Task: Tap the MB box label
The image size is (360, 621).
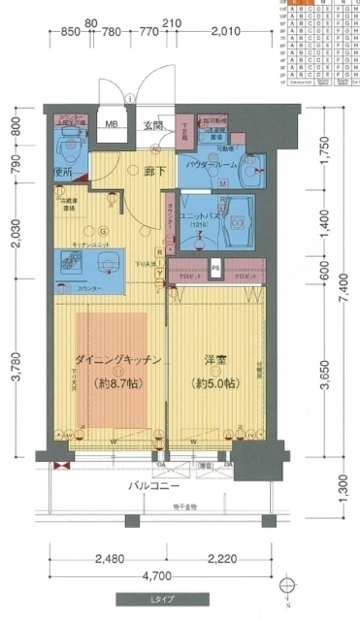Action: (x=112, y=124)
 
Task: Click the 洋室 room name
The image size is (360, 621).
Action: (x=216, y=360)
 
